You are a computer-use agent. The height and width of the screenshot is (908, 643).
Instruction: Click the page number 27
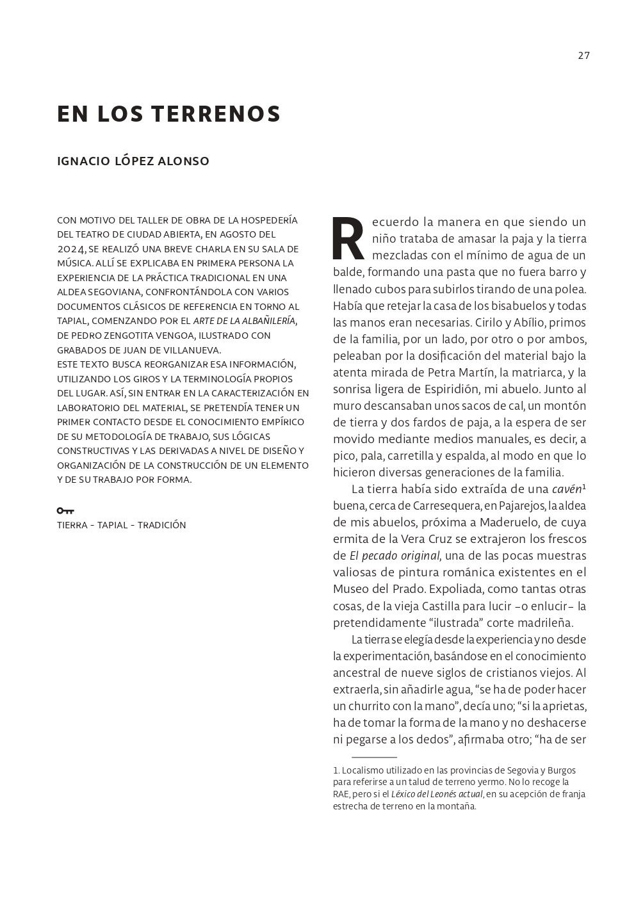pyautogui.click(x=583, y=55)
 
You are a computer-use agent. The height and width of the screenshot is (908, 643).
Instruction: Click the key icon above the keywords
pyautogui.click(x=65, y=510)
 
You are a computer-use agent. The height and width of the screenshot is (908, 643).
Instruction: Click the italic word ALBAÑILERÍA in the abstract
pyautogui.click(x=263, y=321)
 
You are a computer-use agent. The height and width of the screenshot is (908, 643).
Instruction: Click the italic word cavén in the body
pyautogui.click(x=566, y=490)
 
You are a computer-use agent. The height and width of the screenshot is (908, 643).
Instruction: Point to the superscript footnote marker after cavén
pyautogui.click(x=584, y=487)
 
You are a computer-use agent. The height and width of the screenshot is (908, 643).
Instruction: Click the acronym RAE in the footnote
pyautogui.click(x=342, y=794)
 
